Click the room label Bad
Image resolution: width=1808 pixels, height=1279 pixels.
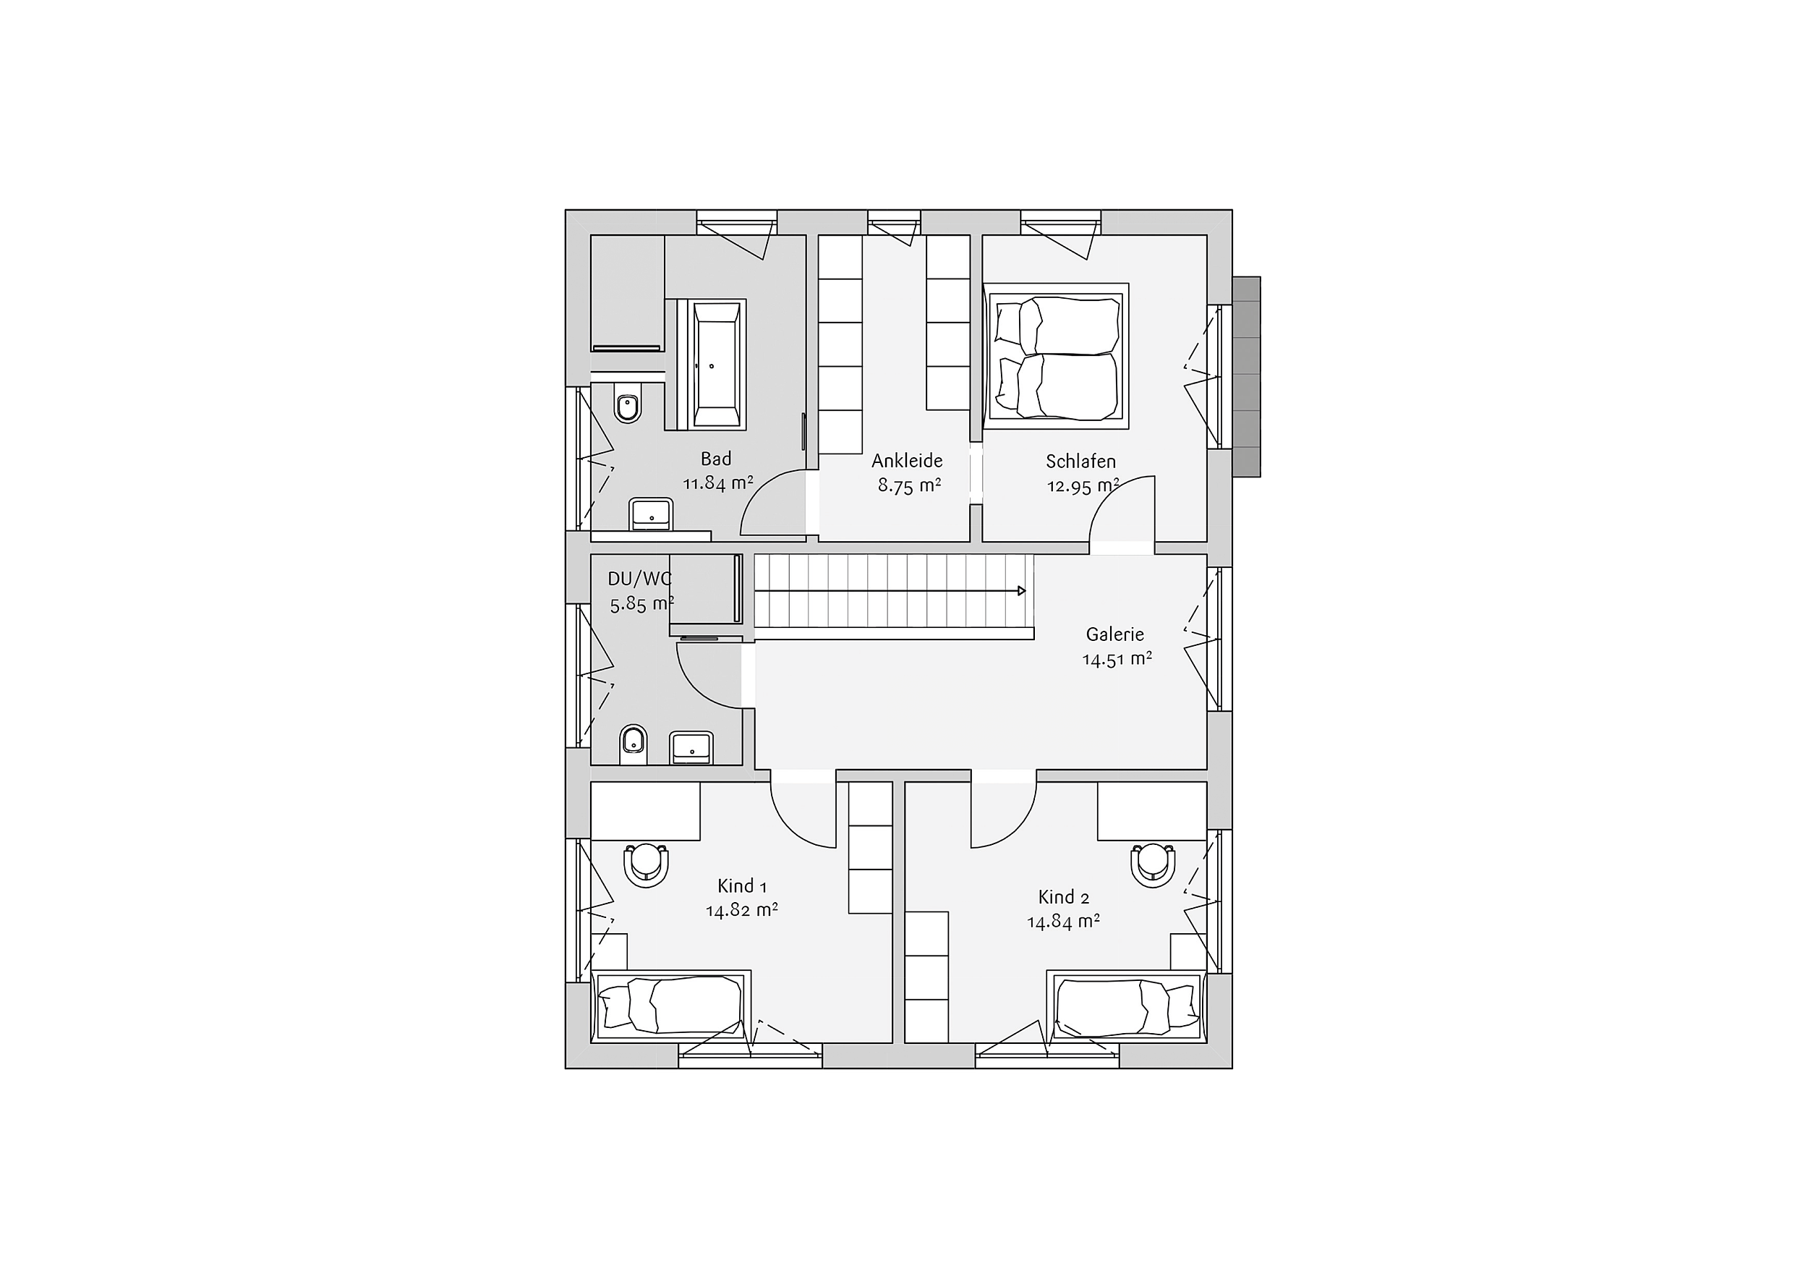[716, 459]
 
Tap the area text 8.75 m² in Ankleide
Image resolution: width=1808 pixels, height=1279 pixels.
[910, 485]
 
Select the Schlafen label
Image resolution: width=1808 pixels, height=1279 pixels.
[1080, 461]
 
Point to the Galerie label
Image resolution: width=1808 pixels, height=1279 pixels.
[1114, 634]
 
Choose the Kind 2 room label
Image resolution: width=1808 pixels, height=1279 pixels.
[1063, 897]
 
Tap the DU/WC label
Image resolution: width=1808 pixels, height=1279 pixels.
[639, 579]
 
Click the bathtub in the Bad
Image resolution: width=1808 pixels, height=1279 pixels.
[717, 364]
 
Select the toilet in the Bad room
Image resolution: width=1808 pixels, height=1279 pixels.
[628, 403]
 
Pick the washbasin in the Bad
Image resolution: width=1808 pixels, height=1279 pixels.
[651, 514]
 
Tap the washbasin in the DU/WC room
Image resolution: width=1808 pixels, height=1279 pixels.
[691, 748]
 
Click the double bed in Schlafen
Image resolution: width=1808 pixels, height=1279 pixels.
[1057, 356]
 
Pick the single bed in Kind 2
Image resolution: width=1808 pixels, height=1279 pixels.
[1127, 1006]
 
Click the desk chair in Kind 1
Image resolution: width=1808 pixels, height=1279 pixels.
[647, 865]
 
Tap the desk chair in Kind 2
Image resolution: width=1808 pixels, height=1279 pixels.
[1154, 865]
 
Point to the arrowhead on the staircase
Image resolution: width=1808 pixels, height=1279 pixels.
[1022, 591]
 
